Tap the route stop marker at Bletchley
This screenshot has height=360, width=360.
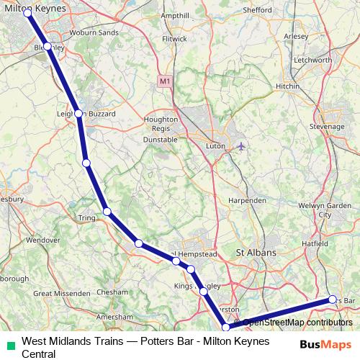click(x=48, y=46)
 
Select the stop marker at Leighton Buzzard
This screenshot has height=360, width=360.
click(x=79, y=113)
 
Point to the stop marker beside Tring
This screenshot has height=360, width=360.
click(x=107, y=211)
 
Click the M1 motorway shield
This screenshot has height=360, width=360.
click(x=165, y=83)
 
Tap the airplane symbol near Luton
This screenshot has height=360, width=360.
click(x=240, y=146)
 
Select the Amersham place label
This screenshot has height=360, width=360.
click(x=119, y=316)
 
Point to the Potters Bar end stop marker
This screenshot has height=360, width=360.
click(x=332, y=299)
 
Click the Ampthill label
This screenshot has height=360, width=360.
click(x=176, y=15)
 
